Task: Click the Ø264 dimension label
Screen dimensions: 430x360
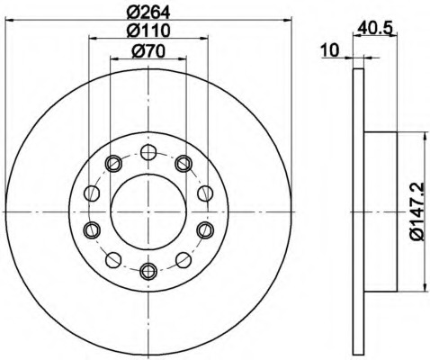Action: pos(148,13)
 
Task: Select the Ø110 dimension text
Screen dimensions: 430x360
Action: pos(148,31)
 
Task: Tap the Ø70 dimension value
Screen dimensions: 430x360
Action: pos(148,51)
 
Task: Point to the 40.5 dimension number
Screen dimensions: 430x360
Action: pos(375,29)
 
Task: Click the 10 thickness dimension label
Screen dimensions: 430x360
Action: pos(329,50)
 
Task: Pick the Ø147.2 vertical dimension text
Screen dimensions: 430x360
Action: pos(418,211)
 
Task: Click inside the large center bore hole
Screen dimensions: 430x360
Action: pos(148,211)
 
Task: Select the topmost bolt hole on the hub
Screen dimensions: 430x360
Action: pos(148,152)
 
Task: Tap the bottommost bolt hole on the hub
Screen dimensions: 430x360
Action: pos(148,272)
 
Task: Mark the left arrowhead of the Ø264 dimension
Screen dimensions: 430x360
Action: pos(10,20)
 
